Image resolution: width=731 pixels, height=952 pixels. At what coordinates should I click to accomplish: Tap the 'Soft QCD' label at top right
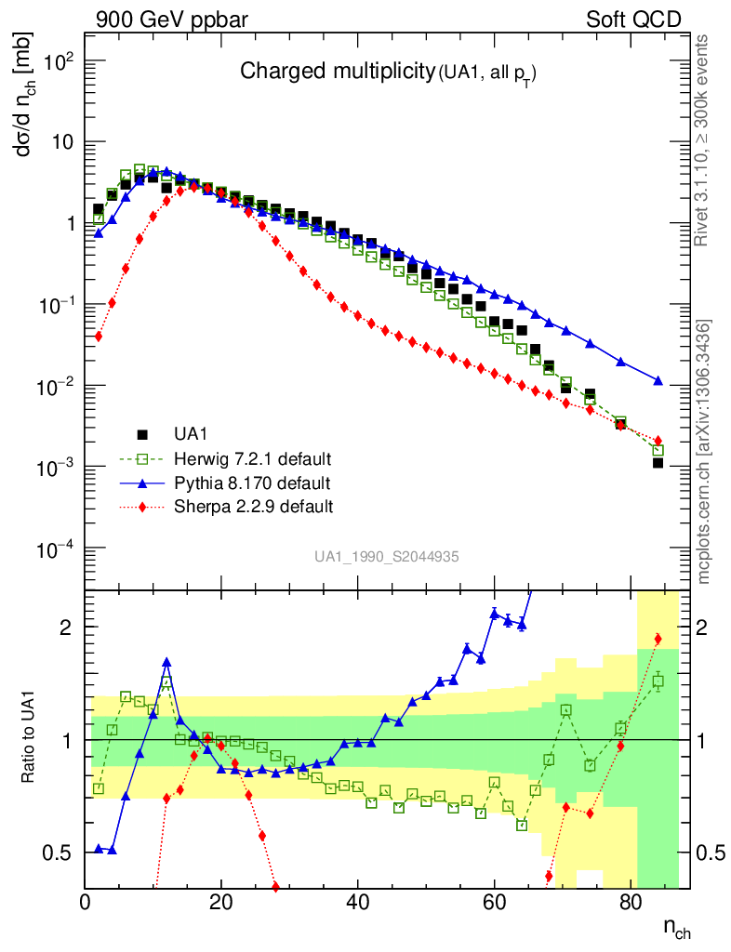tap(633, 19)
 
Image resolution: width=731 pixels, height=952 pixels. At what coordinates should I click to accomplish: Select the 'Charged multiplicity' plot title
tap(337, 71)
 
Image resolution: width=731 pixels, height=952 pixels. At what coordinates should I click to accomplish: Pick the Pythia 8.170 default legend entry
tap(251, 483)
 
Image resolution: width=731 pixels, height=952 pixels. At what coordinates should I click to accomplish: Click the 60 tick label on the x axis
tap(494, 901)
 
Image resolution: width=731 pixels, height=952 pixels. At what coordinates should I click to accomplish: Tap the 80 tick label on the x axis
tap(630, 901)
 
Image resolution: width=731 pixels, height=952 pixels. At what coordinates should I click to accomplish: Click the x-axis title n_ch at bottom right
tap(676, 928)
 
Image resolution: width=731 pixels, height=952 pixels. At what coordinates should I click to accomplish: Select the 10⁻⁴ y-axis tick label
tap(53, 549)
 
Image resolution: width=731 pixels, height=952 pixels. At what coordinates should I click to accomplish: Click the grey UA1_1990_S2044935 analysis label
tap(386, 557)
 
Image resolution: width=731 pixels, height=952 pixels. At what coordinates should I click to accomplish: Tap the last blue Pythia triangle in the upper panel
tap(658, 381)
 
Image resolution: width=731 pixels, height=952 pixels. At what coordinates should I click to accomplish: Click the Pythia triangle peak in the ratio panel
tap(166, 662)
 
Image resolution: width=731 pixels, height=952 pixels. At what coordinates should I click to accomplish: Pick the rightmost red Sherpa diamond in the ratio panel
tap(658, 638)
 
